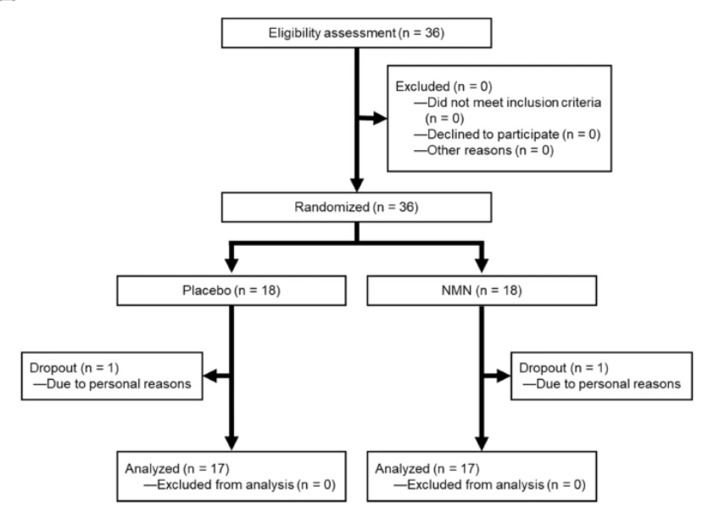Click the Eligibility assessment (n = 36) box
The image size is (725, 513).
click(x=356, y=35)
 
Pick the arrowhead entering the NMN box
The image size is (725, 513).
click(x=481, y=258)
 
